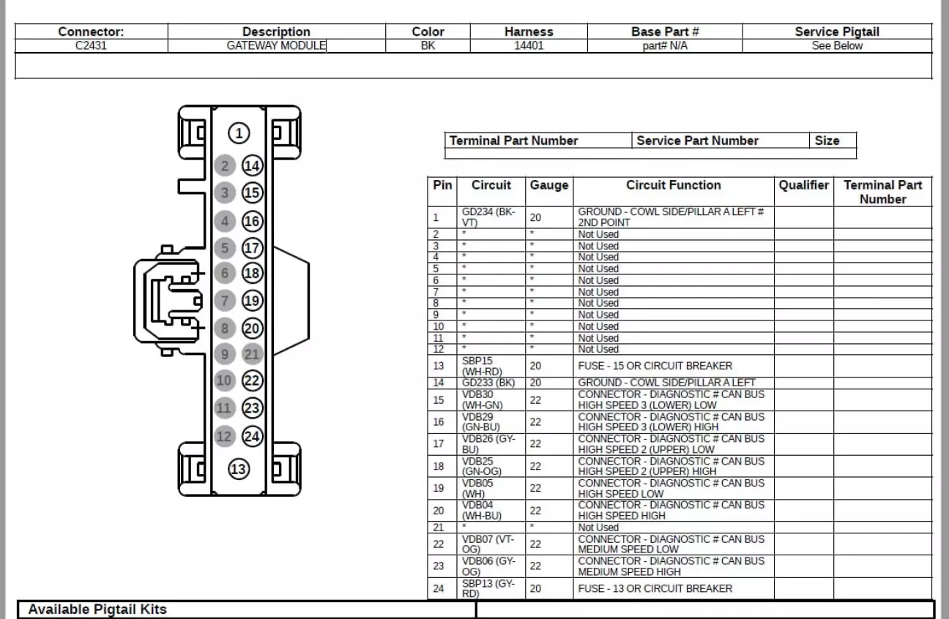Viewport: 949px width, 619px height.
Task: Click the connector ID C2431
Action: [x=91, y=45]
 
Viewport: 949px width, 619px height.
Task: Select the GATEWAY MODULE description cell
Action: [x=276, y=45]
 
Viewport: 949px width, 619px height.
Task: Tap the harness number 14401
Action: [x=528, y=45]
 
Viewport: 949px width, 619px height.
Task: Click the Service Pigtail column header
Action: [x=836, y=31]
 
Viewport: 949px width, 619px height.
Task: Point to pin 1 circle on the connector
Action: [x=239, y=133]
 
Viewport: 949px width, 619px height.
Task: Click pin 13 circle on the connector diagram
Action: [x=239, y=469]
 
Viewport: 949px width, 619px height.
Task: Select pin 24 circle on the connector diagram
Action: [x=252, y=436]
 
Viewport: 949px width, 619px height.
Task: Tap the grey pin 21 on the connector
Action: [x=252, y=354]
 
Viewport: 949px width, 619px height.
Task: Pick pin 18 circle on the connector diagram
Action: [x=252, y=273]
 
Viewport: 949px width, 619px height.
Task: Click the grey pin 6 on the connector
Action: [x=226, y=273]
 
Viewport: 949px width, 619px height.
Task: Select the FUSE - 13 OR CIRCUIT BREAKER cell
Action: [x=655, y=588]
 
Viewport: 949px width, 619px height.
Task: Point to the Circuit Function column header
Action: [x=673, y=185]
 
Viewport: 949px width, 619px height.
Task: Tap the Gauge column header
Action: [x=548, y=185]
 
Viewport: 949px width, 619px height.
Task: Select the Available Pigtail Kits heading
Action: [x=97, y=609]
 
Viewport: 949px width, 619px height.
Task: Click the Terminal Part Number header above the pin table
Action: [x=513, y=140]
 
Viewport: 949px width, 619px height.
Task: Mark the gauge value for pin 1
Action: [x=535, y=217]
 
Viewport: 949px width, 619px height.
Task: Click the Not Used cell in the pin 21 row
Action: [x=598, y=528]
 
